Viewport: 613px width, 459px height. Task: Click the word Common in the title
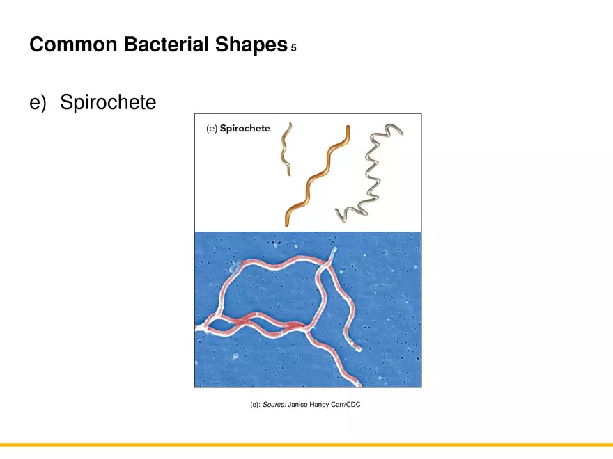tap(74, 45)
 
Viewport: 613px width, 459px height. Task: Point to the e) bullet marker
tap(38, 103)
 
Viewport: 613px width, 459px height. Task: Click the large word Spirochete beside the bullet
tap(108, 103)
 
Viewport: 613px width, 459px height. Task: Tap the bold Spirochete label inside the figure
tap(245, 129)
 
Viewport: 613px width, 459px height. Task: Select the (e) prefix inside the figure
tap(212, 129)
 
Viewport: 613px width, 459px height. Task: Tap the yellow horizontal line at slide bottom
tap(306, 445)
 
